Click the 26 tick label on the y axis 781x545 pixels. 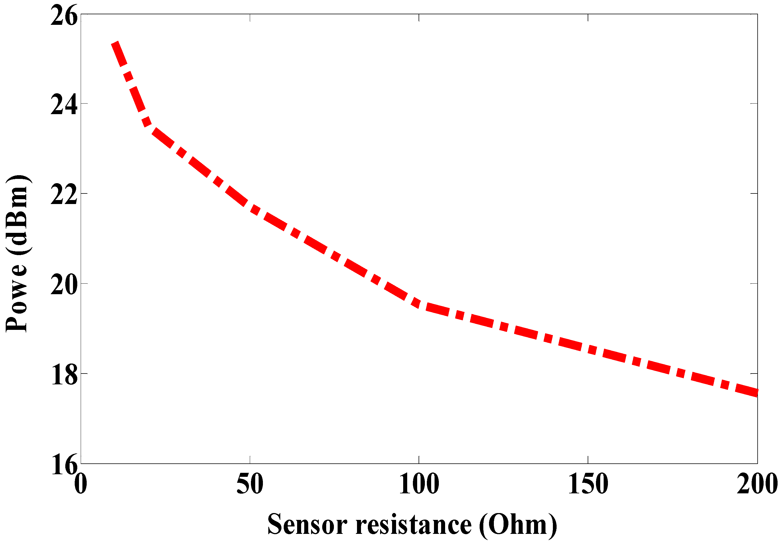[x=64, y=16]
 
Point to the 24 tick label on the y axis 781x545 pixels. [x=64, y=105]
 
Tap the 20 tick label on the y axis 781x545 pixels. [x=64, y=284]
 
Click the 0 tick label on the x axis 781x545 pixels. [x=81, y=484]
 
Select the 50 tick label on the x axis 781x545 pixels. [x=250, y=484]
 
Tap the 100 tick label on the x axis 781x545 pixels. [x=419, y=484]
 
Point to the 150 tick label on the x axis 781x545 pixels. [x=588, y=484]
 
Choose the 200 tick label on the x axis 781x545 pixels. [x=757, y=484]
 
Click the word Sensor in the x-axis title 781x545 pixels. [x=307, y=524]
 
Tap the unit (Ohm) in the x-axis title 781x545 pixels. [x=518, y=524]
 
